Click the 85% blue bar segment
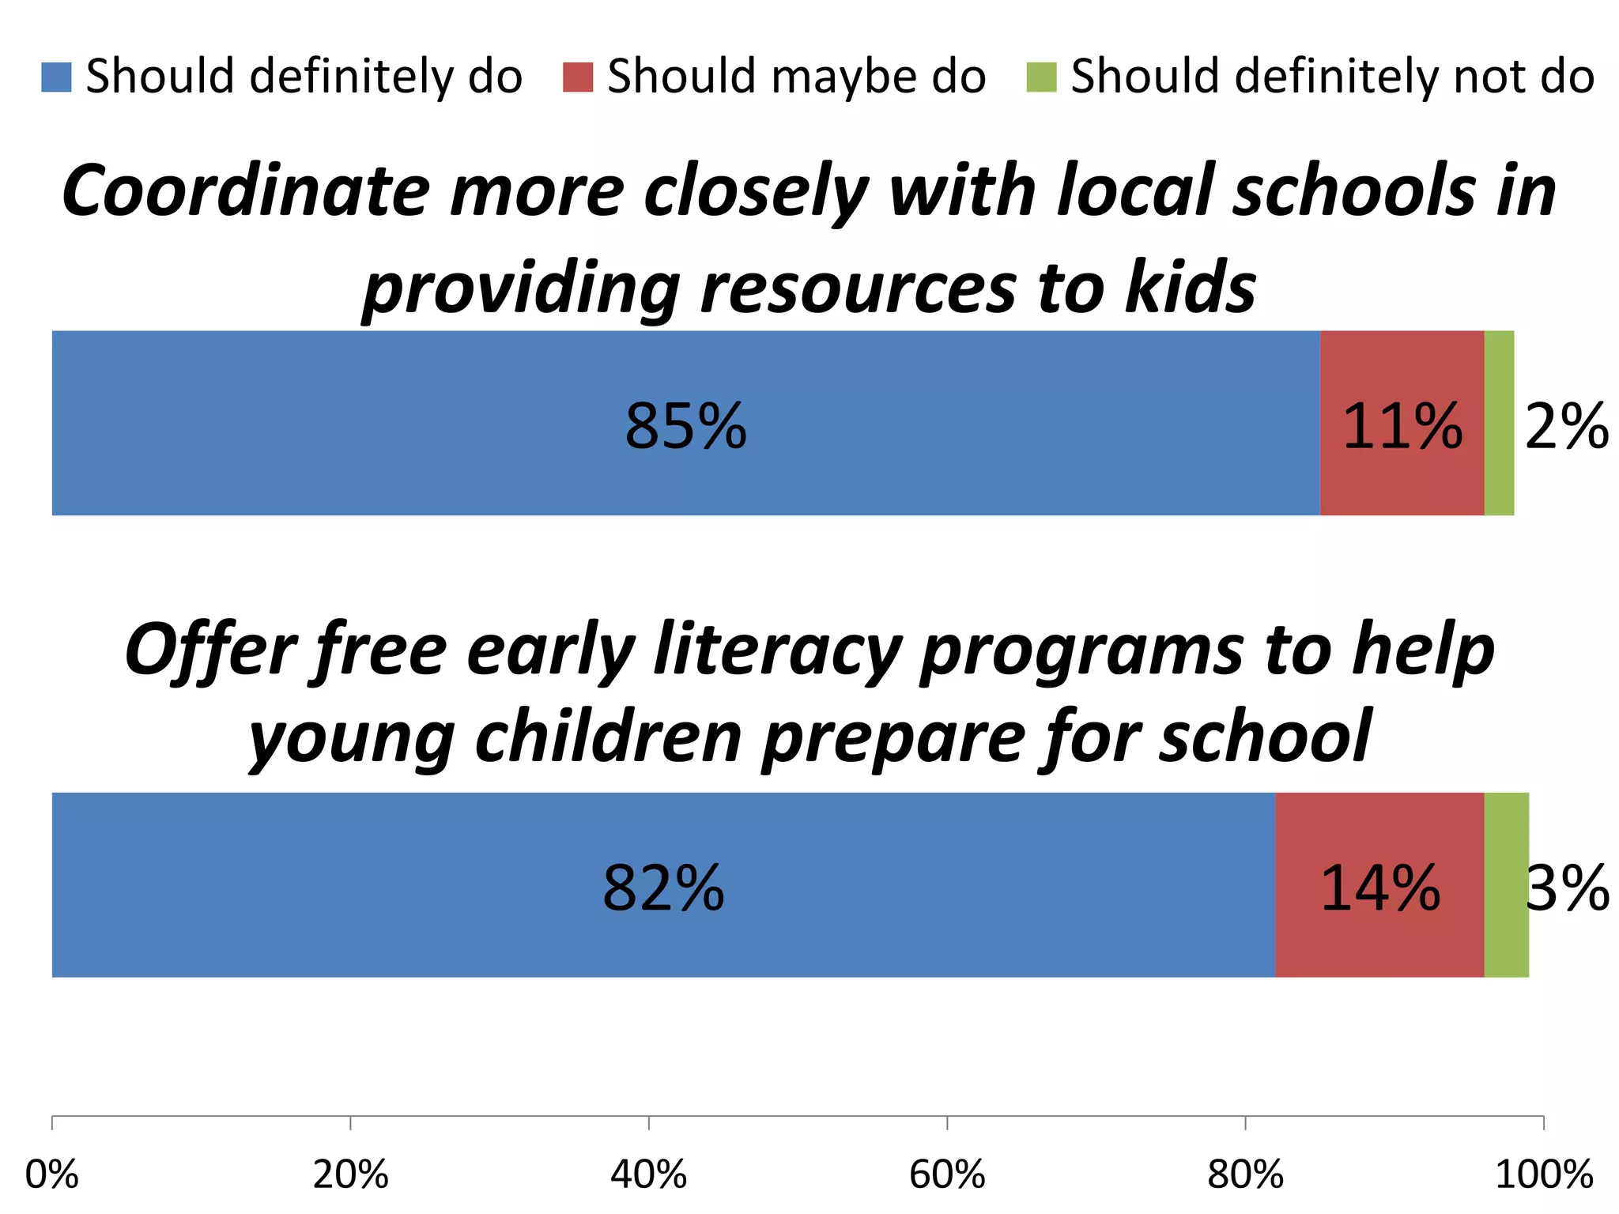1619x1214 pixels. click(x=685, y=424)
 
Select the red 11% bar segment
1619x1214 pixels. click(x=1402, y=424)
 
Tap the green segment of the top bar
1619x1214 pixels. click(x=1499, y=424)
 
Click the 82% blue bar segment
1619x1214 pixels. click(x=663, y=885)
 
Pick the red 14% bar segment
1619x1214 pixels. click(x=1379, y=885)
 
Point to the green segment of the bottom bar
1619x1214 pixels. click(x=1506, y=885)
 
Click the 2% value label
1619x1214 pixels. click(x=1566, y=427)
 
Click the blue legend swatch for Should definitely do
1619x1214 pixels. click(x=56, y=77)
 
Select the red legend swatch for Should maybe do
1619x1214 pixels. click(x=578, y=77)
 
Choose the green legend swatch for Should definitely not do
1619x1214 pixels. click(x=1041, y=77)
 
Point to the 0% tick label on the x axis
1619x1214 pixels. click(x=52, y=1174)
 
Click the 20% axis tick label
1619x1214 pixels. click(x=350, y=1174)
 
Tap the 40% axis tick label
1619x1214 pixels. click(x=648, y=1174)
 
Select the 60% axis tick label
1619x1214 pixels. click(x=947, y=1174)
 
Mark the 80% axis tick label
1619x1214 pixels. click(x=1245, y=1174)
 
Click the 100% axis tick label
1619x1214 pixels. click(x=1543, y=1174)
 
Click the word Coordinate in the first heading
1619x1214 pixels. click(x=245, y=192)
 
